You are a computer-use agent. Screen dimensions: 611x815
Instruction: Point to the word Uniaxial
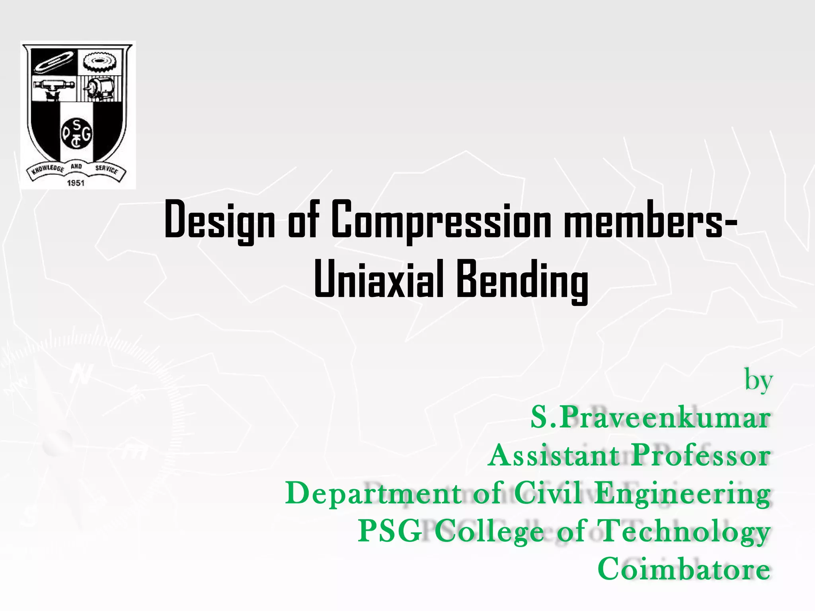click(x=378, y=279)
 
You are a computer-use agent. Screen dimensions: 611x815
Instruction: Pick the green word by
click(x=758, y=381)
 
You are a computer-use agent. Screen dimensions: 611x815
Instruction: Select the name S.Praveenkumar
click(x=650, y=418)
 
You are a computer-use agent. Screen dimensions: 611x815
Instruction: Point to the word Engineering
click(x=682, y=494)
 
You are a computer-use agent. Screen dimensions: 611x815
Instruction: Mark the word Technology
click(x=684, y=532)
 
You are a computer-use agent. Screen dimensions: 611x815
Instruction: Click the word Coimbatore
click(x=684, y=569)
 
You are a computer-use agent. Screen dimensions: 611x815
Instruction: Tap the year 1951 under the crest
click(x=76, y=183)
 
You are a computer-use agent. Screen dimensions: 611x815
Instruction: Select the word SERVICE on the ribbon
click(x=106, y=169)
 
